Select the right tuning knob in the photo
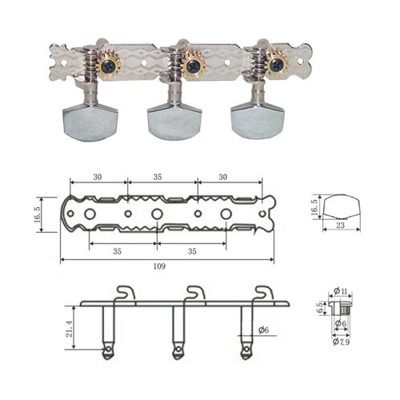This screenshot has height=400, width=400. pos(256,120)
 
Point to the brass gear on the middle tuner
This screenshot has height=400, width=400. pos(191,62)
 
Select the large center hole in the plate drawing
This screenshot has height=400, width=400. pos(157,214)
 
